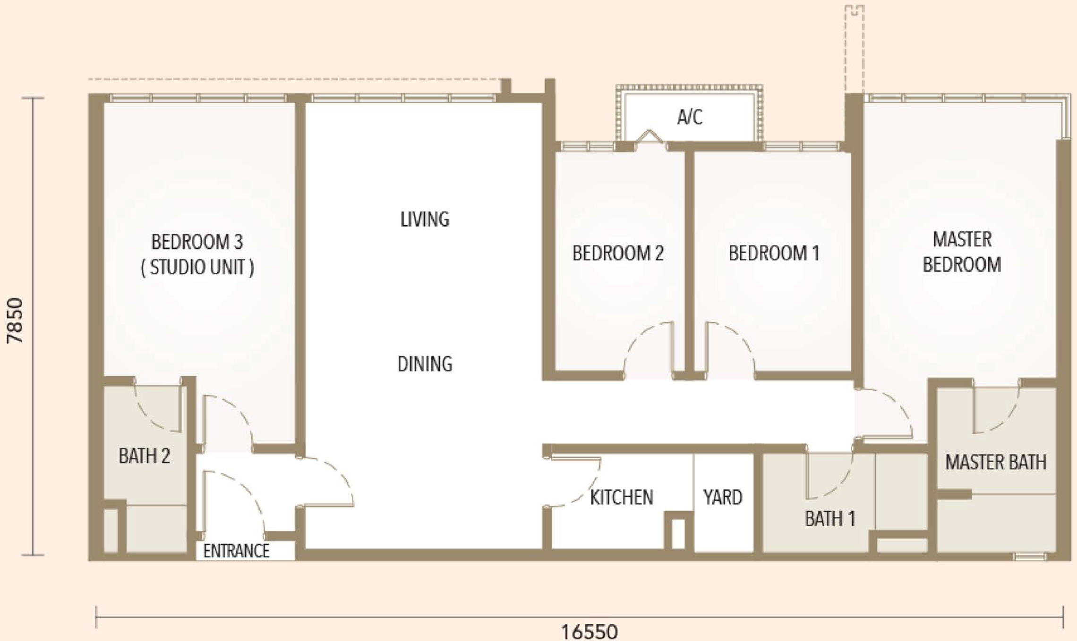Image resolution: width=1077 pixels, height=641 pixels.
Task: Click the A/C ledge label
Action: pos(690,117)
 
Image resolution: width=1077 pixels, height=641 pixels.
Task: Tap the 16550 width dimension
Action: pos(589,632)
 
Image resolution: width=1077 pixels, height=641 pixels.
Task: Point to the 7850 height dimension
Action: pos(15,320)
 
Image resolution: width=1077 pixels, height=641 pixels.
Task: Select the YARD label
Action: pos(723,498)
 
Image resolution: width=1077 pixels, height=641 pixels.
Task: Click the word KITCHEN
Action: pos(622,498)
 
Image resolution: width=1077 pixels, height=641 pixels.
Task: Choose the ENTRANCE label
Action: pos(236,551)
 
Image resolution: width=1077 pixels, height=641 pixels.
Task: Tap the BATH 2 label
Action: pos(144,456)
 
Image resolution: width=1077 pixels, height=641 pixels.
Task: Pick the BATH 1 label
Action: pos(830,519)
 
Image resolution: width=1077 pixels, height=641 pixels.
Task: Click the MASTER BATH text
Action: pos(996,462)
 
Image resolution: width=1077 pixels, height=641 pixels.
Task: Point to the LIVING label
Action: pos(425,219)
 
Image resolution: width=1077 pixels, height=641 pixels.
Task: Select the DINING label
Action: pos(425,364)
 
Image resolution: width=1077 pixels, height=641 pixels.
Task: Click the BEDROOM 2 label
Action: pos(618,253)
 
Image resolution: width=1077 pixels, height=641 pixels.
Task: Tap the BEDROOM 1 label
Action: pos(774,253)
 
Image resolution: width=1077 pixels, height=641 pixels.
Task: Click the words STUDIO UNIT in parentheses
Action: pos(197,268)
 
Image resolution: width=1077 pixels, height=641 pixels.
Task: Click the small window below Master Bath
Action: pos(1030,557)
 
